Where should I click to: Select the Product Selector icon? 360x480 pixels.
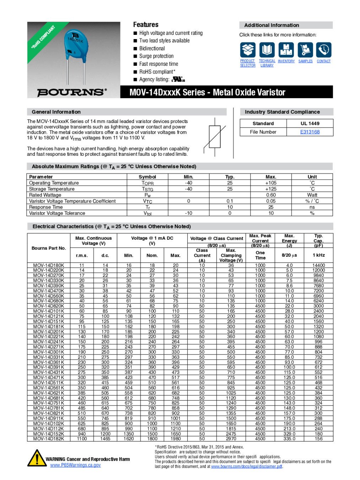point(248,50)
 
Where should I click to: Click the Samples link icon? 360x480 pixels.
point(305,50)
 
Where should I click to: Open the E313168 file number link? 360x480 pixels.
point(310,132)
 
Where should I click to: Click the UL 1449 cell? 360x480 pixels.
point(310,123)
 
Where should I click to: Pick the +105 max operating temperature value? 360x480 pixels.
point(271,183)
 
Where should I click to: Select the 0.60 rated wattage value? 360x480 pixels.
point(271,195)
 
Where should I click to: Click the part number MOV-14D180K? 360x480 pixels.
point(49,265)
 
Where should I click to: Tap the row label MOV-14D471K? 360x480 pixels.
point(49,378)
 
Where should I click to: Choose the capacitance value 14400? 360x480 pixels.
point(318,265)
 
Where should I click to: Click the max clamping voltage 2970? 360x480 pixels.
point(231,439)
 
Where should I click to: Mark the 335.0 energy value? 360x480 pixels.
point(289,439)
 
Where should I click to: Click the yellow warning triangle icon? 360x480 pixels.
point(36,458)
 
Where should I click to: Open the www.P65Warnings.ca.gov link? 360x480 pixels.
point(75,465)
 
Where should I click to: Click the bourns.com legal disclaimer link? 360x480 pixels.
point(247,466)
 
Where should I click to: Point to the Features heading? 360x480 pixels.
point(146,25)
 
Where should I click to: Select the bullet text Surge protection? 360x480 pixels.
point(156,56)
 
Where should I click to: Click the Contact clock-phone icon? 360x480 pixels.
point(324,50)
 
